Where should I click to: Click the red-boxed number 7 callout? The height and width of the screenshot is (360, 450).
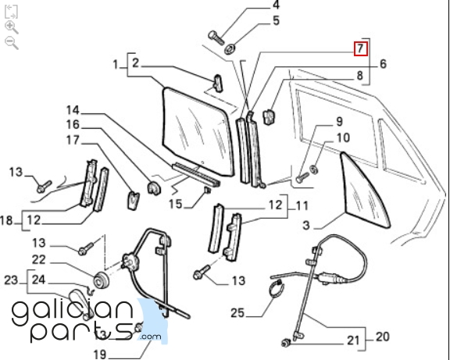[x=360, y=48]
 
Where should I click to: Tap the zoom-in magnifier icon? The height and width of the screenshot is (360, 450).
[x=12, y=27]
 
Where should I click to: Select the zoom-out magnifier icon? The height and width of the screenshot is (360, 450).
[x=12, y=43]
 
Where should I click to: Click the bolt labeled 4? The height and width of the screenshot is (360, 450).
[x=216, y=38]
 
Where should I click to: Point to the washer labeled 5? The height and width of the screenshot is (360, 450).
[x=230, y=49]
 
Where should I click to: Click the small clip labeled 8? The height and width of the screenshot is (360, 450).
[x=269, y=117]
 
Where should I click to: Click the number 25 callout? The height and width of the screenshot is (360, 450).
[x=238, y=313]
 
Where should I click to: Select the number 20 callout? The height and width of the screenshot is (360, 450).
[x=382, y=337]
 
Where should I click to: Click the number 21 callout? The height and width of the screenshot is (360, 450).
[x=353, y=340]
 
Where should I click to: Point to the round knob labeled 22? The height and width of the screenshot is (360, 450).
[x=102, y=280]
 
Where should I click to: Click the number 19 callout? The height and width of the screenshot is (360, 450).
[x=100, y=355]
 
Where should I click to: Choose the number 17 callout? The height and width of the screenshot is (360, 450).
[x=73, y=141]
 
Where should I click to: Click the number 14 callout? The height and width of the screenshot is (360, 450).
[x=73, y=110]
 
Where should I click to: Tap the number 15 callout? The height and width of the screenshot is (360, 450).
[x=175, y=205]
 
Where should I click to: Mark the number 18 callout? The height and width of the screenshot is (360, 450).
[x=6, y=221]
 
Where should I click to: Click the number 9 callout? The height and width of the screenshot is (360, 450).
[x=339, y=122]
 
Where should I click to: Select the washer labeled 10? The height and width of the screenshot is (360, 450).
[x=314, y=169]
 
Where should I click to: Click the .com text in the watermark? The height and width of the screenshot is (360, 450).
[x=150, y=337]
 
